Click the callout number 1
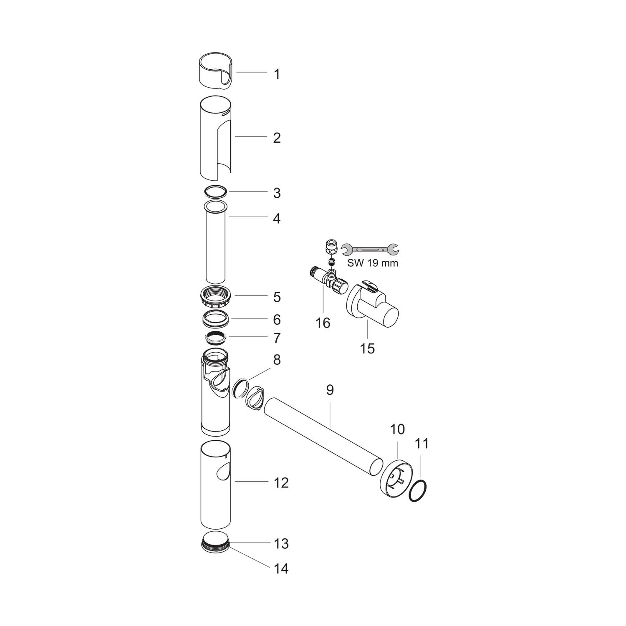pyautogui.click(x=277, y=75)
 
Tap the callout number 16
pyautogui.click(x=323, y=323)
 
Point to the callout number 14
pyautogui.click(x=281, y=568)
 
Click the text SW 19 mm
pyautogui.click(x=372, y=263)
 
